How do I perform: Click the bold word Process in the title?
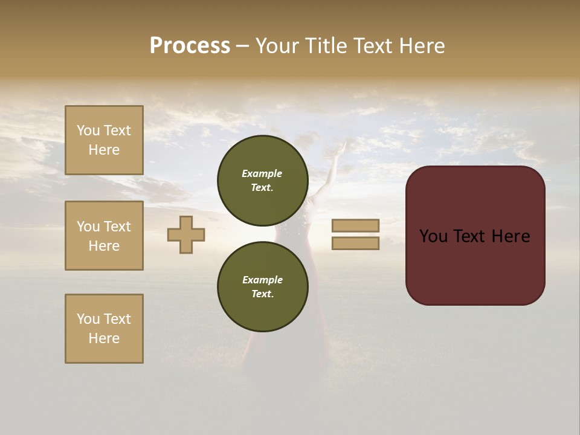[190, 46]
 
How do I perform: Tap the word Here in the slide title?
[420, 46]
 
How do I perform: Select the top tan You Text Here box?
[104, 140]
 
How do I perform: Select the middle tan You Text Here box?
[104, 236]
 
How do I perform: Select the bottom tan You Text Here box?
[104, 329]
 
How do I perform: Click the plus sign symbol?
[186, 234]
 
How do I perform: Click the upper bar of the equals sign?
[355, 225]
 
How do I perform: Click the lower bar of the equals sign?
[355, 243]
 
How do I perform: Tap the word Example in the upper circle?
[262, 173]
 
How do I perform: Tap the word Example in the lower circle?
[262, 280]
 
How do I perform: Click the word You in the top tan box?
[88, 130]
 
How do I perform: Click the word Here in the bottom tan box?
[104, 338]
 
